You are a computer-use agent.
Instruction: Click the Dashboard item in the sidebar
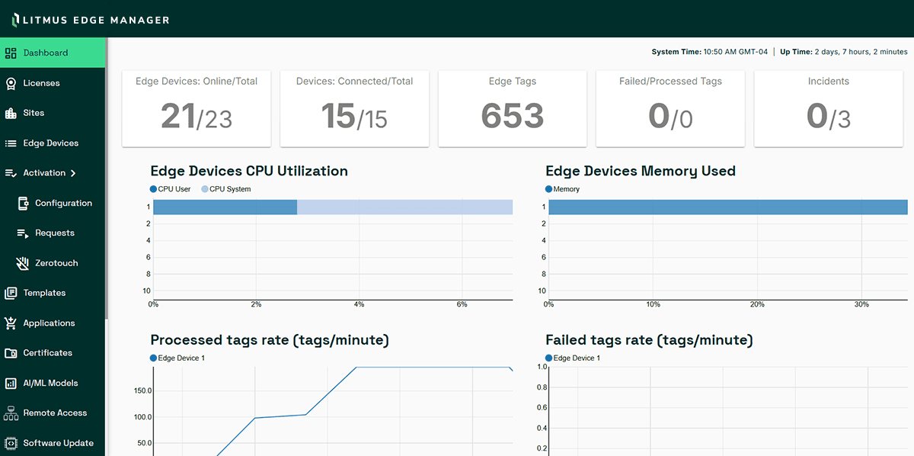tap(46, 53)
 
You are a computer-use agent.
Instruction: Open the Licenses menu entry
tap(41, 83)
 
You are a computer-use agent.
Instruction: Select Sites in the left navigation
tap(34, 113)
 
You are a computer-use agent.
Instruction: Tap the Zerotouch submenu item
tap(56, 263)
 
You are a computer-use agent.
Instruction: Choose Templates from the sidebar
tap(44, 293)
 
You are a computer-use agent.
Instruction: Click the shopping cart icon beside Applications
tap(11, 323)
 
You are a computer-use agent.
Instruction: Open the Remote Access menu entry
tap(55, 413)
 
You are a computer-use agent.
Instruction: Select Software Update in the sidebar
tap(58, 443)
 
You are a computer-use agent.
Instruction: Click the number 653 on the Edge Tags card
tap(513, 116)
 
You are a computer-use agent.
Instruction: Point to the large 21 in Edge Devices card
tap(177, 116)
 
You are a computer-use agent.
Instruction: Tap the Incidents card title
tap(828, 82)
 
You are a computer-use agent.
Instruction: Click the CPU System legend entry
tap(229, 189)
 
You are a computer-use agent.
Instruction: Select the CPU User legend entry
tap(174, 189)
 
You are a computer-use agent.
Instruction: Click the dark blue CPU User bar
tap(225, 207)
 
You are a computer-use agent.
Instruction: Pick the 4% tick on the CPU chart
tap(359, 304)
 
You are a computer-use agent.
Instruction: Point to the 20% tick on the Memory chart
tap(757, 304)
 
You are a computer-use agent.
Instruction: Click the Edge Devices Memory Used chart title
tap(641, 171)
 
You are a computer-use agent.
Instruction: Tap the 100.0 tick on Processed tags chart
tap(142, 417)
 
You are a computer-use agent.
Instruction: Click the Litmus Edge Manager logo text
tap(95, 20)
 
